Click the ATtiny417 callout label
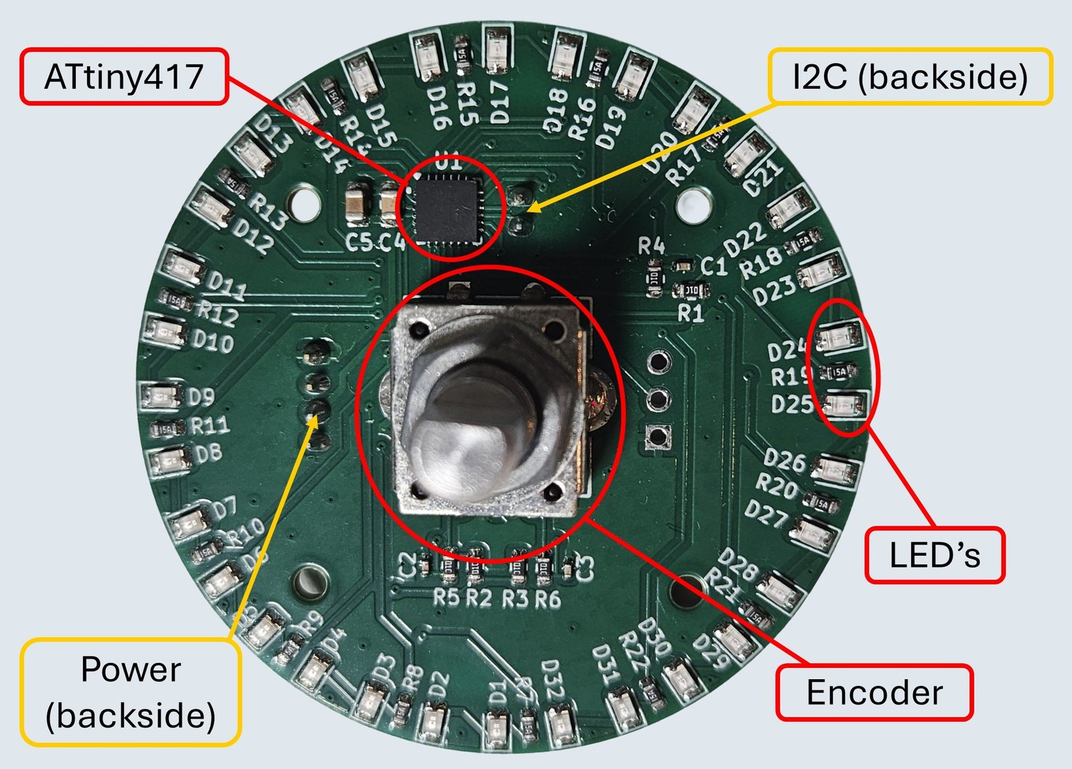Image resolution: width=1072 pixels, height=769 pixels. tap(124, 76)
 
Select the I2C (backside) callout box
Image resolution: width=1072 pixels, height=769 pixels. tap(909, 76)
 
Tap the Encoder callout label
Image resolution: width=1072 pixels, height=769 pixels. tap(874, 693)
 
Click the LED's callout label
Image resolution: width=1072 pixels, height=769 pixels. tap(935, 555)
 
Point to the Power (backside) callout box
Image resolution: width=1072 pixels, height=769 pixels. tap(131, 692)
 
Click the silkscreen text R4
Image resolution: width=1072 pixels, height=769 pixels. tap(651, 246)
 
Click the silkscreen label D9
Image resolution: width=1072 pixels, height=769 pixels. tap(201, 397)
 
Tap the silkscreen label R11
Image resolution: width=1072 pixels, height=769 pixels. tap(210, 425)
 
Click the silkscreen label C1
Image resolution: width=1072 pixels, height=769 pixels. tap(714, 267)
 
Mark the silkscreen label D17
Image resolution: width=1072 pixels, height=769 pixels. tap(500, 103)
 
